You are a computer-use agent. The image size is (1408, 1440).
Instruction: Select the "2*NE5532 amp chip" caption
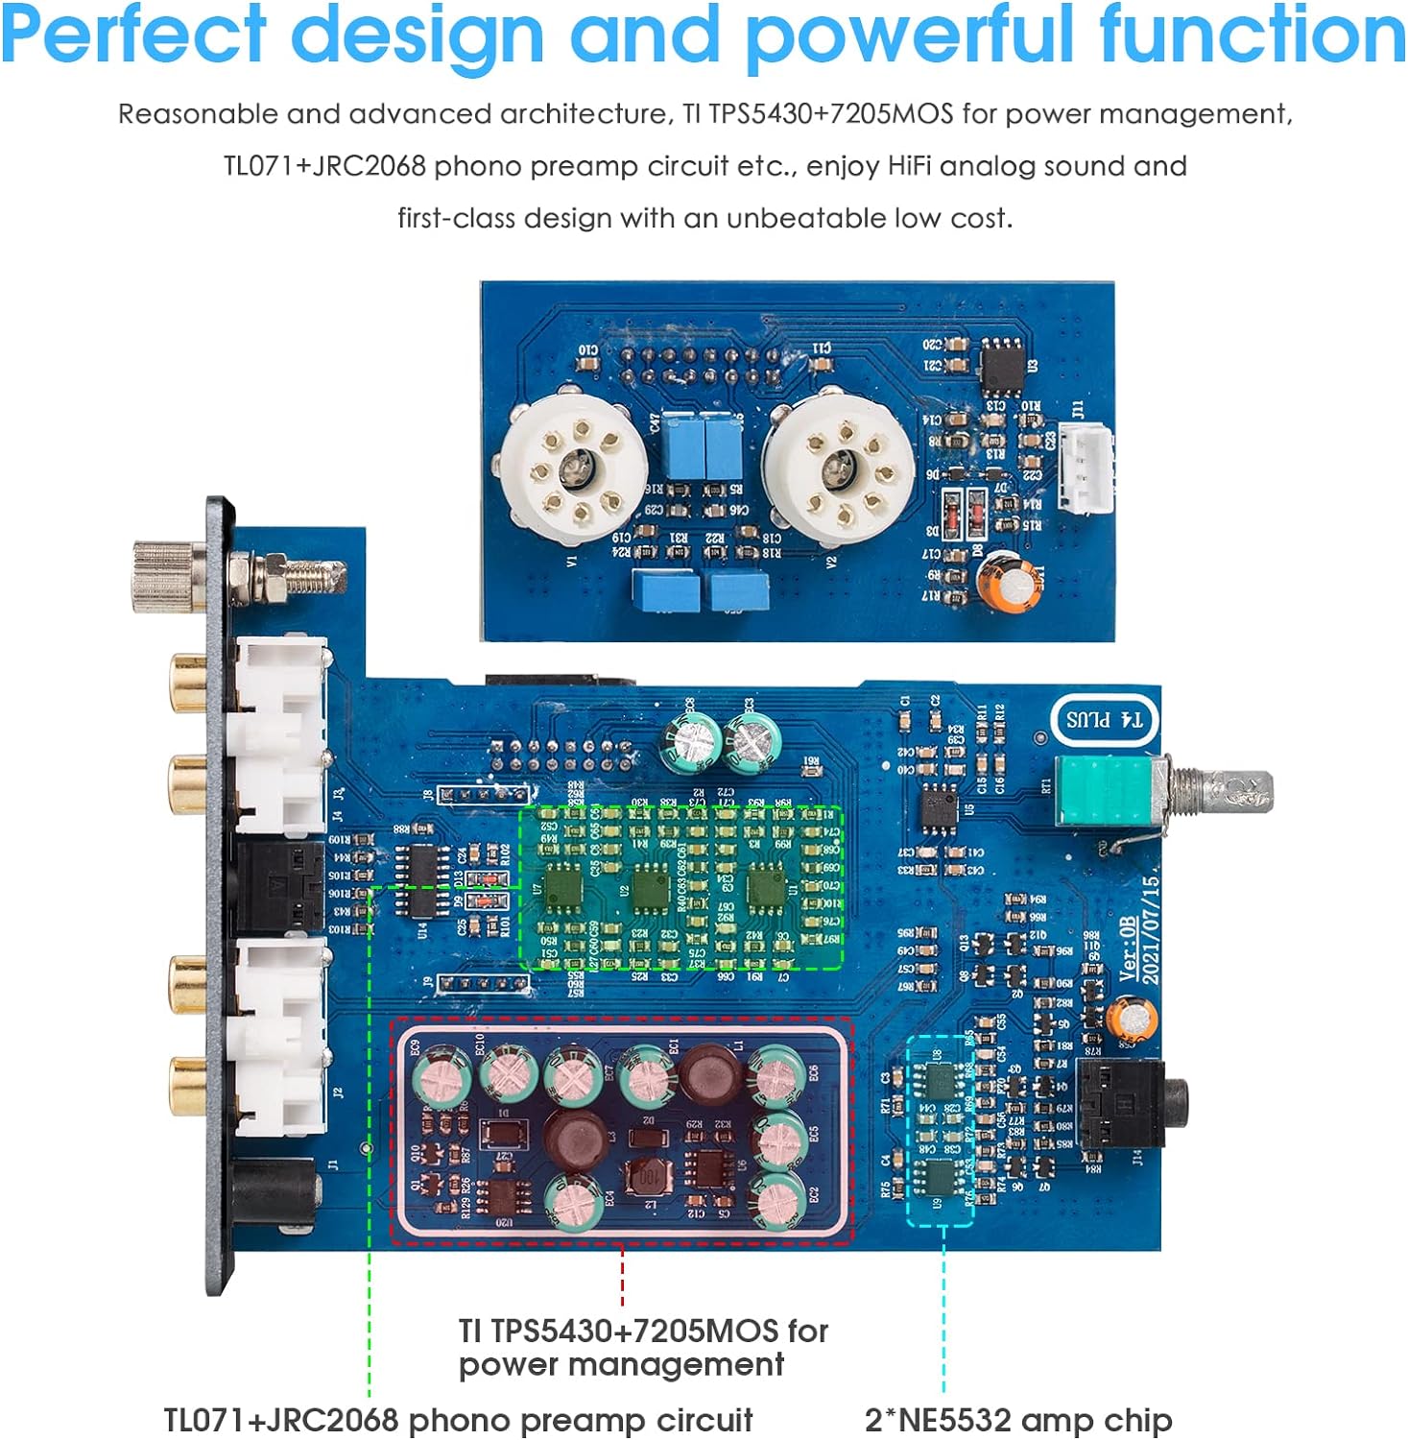[x=1017, y=1419]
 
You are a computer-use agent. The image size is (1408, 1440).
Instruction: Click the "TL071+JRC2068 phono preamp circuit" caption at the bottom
[x=458, y=1419]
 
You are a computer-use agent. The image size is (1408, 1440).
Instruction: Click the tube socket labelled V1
[x=574, y=470]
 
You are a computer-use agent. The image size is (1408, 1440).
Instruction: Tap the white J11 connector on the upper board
[x=1086, y=468]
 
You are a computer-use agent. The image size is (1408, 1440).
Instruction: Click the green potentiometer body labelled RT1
[x=1104, y=789]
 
